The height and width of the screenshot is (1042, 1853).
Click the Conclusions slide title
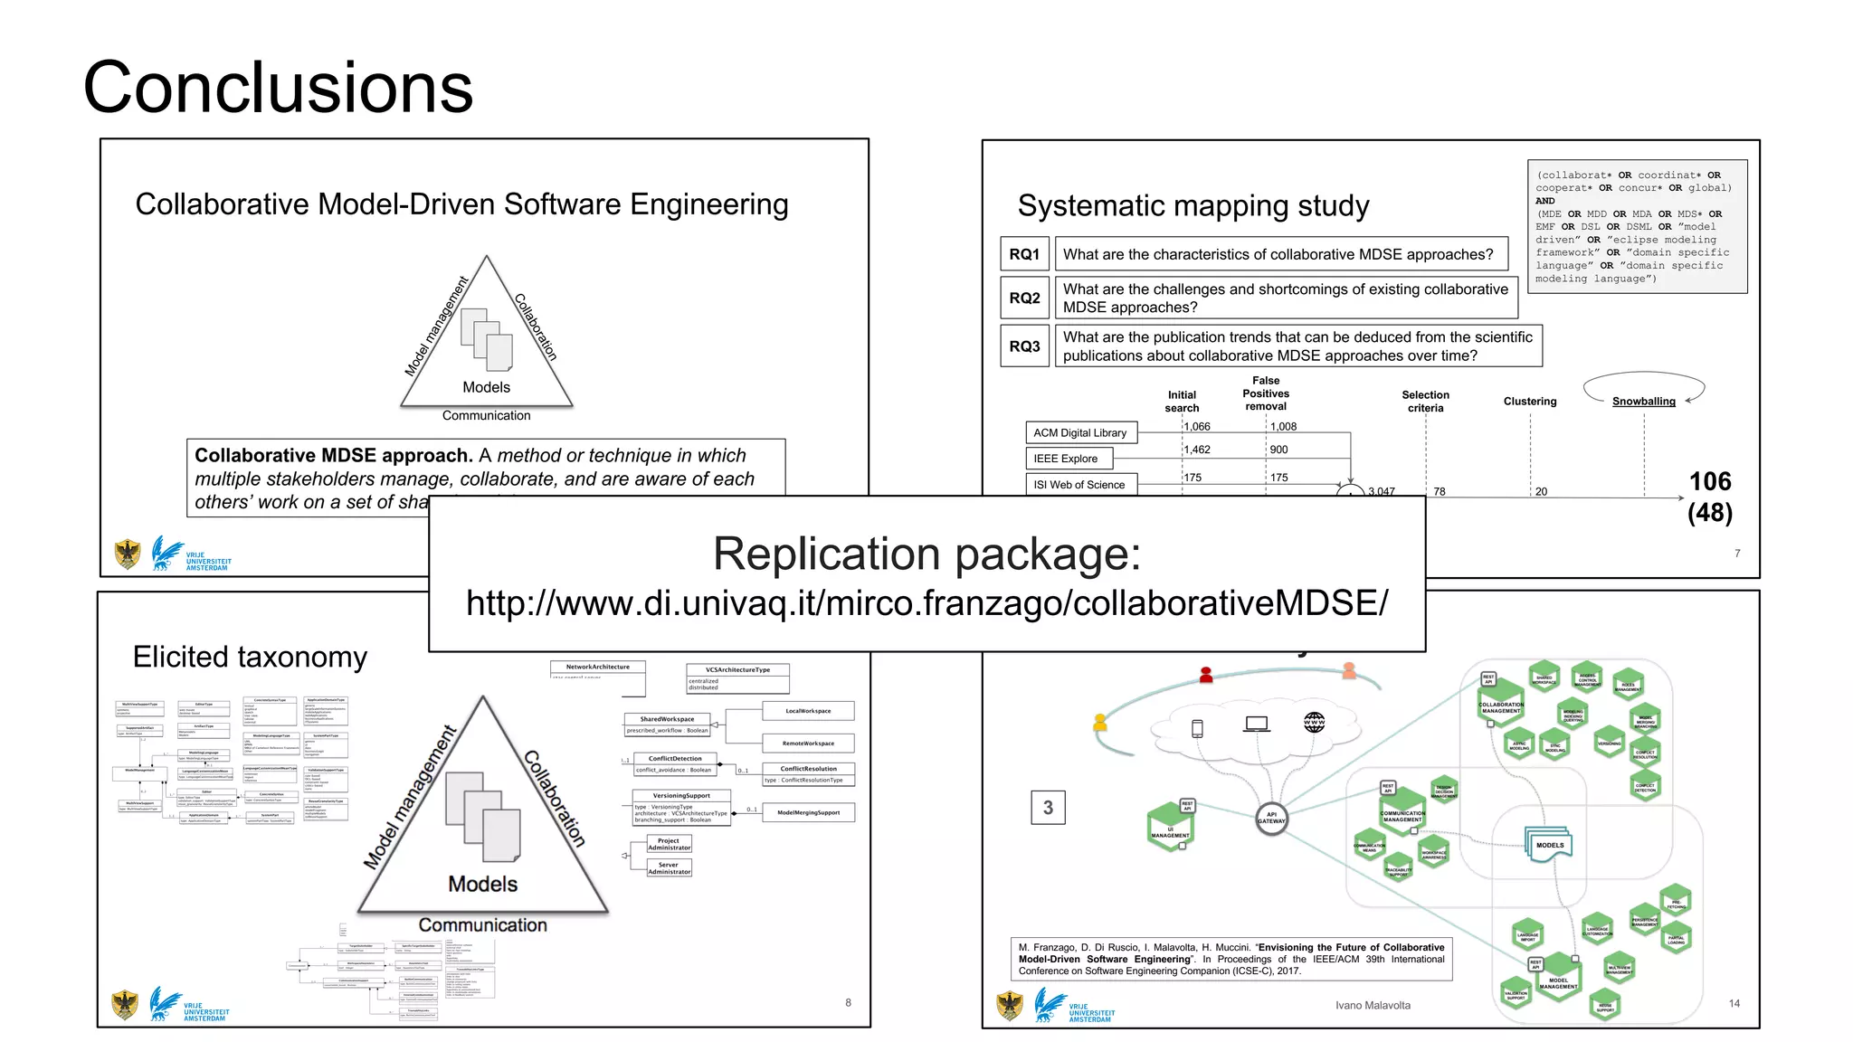[278, 87]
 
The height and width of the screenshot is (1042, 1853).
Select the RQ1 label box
[1024, 254]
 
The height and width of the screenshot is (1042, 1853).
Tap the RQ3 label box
[1024, 346]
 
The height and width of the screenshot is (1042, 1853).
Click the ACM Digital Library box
[1080, 433]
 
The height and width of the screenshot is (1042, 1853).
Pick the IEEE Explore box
[1067, 459]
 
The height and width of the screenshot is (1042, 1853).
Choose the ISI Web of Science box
[1079, 485]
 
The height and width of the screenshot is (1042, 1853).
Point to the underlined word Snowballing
[1643, 402]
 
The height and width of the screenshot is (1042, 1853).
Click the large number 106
[1709, 481]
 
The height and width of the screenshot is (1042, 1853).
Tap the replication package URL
[926, 603]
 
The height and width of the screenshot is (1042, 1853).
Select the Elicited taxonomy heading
[250, 657]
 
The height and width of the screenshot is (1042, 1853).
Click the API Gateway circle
[1271, 819]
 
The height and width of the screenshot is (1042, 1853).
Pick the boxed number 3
[1048, 808]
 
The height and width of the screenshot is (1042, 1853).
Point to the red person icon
[1205, 675]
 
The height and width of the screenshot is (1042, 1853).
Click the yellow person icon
[1100, 722]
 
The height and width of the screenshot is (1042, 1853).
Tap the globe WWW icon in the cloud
[1314, 722]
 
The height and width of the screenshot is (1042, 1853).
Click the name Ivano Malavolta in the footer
[1373, 1005]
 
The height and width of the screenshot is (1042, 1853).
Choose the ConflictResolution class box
[808, 773]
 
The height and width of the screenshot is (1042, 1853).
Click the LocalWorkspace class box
[808, 711]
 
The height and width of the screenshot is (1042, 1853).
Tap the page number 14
[1734, 1003]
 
